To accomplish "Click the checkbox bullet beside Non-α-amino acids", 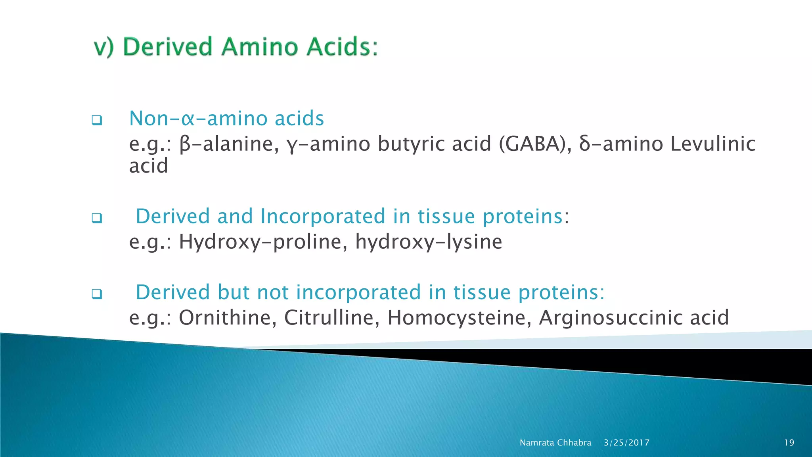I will pyautogui.click(x=97, y=120).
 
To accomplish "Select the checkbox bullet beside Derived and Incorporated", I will pyautogui.click(x=97, y=218).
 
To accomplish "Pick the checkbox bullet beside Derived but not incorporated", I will pyautogui.click(x=97, y=294).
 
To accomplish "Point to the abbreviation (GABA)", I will pyautogui.click(x=535, y=144).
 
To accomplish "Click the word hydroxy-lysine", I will pyautogui.click(x=428, y=242).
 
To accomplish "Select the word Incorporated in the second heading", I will pyautogui.click(x=323, y=217).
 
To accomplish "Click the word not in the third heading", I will pyautogui.click(x=273, y=293).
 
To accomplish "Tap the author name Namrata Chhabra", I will pyautogui.click(x=555, y=443).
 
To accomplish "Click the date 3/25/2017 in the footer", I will pyautogui.click(x=626, y=443).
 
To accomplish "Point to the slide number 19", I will pyautogui.click(x=789, y=443).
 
